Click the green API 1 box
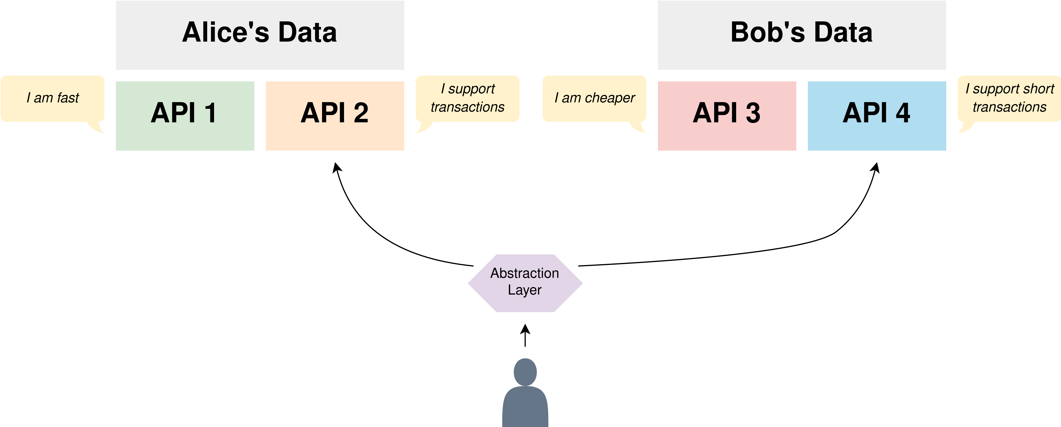click(185, 116)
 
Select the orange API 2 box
click(335, 116)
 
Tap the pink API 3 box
click(727, 116)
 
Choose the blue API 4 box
click(877, 116)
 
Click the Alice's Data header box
click(260, 35)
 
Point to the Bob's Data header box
click(802, 35)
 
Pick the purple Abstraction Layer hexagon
click(525, 283)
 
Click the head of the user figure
click(525, 372)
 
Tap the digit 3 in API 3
click(753, 113)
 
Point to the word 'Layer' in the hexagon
click(525, 290)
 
